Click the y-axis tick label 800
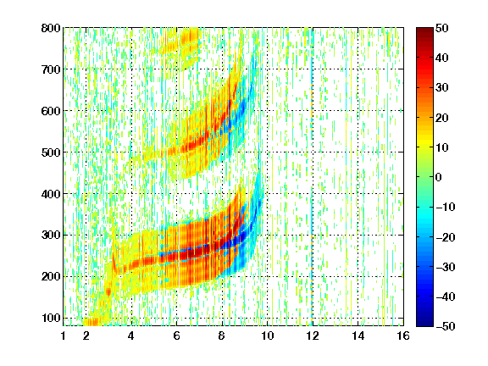(x=51, y=28)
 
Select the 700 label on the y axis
(x=51, y=69)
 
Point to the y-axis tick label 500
(x=51, y=152)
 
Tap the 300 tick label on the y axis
(x=51, y=236)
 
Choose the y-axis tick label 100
(x=51, y=318)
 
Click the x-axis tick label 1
(x=64, y=335)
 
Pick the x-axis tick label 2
(x=86, y=335)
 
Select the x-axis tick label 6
(x=177, y=335)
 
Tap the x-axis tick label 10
(x=268, y=335)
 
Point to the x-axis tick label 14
(x=358, y=335)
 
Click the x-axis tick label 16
(x=403, y=335)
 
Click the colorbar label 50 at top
(x=442, y=28)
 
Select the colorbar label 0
(x=439, y=177)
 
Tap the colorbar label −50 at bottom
(x=446, y=326)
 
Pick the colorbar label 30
(x=442, y=88)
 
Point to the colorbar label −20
(x=446, y=237)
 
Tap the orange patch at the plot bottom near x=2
(x=91, y=321)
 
